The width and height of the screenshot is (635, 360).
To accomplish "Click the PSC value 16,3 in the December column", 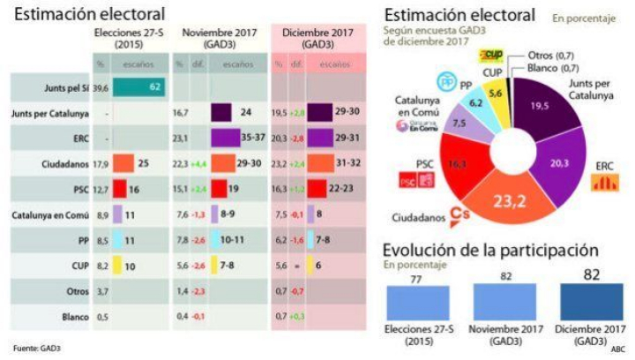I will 279,189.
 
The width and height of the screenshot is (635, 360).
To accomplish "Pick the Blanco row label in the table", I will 77,315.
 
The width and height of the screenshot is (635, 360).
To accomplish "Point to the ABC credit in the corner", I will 617,349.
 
